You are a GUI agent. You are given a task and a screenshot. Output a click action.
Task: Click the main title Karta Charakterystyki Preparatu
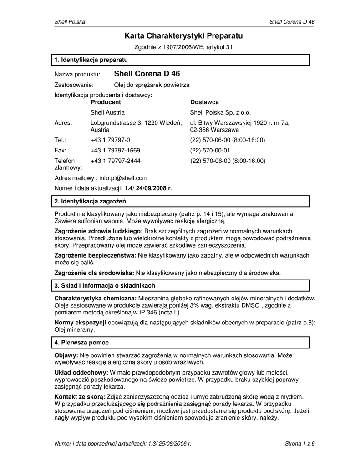pyautogui.click(x=184, y=35)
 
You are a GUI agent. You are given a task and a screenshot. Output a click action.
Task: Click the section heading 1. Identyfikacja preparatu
pyautogui.click(x=91, y=60)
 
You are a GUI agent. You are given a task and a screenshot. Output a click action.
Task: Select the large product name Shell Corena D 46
pyautogui.click(x=147, y=74)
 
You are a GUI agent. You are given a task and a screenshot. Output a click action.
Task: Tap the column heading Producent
pyautogui.click(x=106, y=102)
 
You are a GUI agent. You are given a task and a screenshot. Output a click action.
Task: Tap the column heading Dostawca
pyautogui.click(x=204, y=102)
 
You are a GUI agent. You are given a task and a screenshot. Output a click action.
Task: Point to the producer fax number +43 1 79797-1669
pyautogui.click(x=115, y=150)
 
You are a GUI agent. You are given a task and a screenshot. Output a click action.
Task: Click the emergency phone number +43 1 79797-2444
pyautogui.click(x=115, y=161)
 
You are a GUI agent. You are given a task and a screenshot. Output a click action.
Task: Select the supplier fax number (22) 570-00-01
pyautogui.click(x=210, y=150)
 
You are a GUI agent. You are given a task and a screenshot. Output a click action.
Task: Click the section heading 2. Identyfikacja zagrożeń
pyautogui.click(x=90, y=201)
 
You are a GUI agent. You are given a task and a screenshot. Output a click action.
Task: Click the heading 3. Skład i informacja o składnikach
pyautogui.click(x=105, y=285)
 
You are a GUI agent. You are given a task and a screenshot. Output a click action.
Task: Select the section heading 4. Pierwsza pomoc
pyautogui.click(x=81, y=342)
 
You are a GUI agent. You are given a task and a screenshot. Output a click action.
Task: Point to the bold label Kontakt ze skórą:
pyautogui.click(x=80, y=396)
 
